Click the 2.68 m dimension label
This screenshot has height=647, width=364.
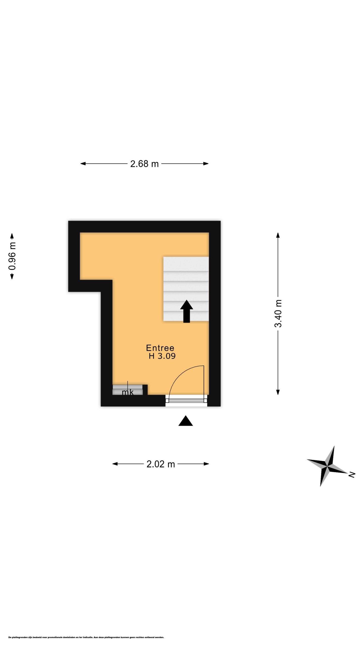click(144, 164)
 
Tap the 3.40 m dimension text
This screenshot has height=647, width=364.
click(278, 313)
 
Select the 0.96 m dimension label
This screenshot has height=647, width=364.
click(12, 256)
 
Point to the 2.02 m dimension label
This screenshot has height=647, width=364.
click(161, 464)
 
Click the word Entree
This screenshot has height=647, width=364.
click(160, 348)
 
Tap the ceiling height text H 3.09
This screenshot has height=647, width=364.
click(162, 356)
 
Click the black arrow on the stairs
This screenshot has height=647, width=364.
click(187, 311)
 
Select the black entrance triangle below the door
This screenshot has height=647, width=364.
click(186, 421)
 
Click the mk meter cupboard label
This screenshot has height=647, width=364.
click(128, 392)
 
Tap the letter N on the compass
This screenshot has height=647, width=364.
click(352, 475)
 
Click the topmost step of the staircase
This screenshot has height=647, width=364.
click(186, 264)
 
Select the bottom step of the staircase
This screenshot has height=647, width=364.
click(186, 316)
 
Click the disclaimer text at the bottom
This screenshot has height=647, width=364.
click(86, 637)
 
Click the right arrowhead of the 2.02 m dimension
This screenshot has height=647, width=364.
click(206, 464)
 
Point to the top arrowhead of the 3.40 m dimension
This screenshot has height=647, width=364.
click(278, 235)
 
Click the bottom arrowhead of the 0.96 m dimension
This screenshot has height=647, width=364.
click(12, 276)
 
